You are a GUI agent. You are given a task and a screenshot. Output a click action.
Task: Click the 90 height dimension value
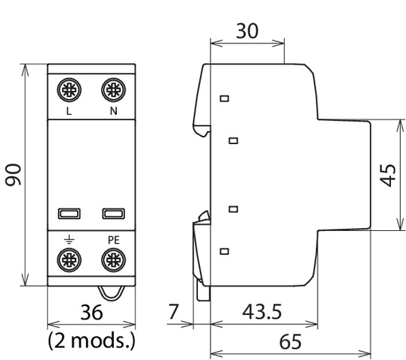13,175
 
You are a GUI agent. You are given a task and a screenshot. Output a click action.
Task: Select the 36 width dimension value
91,312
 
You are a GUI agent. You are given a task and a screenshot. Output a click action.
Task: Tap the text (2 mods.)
91,340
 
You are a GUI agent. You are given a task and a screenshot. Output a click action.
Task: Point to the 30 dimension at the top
247,31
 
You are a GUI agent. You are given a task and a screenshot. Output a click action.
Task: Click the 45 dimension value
388,175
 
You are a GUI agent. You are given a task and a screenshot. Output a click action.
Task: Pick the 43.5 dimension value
261,311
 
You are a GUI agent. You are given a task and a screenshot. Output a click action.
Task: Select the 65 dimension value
291,341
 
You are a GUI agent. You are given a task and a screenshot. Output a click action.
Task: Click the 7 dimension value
174,311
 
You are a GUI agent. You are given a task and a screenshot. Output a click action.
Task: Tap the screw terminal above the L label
69,90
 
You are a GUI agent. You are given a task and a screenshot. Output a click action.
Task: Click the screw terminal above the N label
113,90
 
